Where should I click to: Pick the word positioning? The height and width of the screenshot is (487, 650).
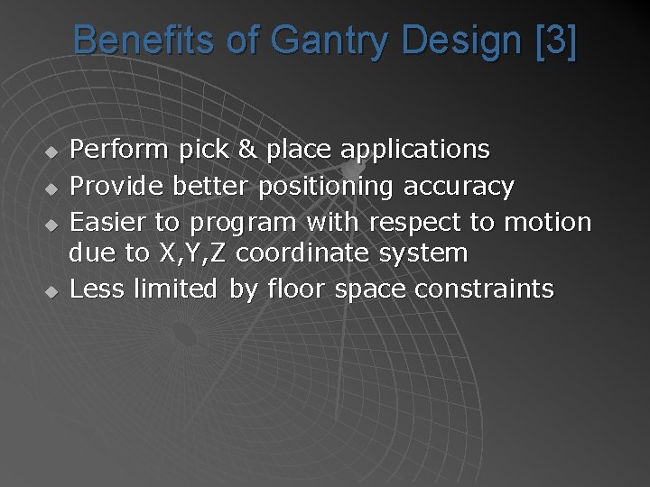(326, 188)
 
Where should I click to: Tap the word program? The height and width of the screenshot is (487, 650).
(243, 222)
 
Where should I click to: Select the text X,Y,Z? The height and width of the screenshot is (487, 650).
(192, 254)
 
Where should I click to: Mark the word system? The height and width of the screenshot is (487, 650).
(423, 254)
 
